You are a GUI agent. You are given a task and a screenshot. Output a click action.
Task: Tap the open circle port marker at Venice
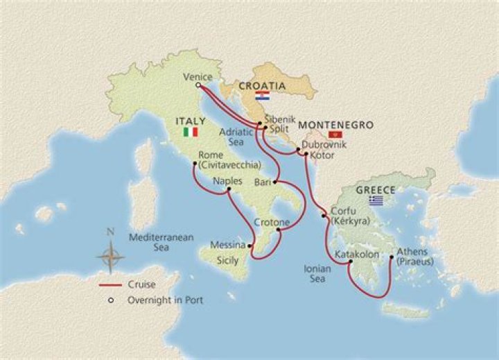pyautogui.click(x=198, y=86)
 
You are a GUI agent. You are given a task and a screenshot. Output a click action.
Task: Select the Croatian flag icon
pyautogui.click(x=263, y=95)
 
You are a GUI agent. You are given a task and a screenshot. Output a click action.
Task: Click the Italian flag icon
pyautogui.click(x=189, y=132)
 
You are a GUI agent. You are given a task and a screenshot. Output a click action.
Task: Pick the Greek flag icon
pyautogui.click(x=376, y=200)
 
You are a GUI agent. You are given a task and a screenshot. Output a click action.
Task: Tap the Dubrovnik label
pyautogui.click(x=322, y=146)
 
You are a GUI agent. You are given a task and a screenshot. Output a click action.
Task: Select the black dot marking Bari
pyautogui.click(x=275, y=183)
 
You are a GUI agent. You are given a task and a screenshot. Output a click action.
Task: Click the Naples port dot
pyautogui.click(x=228, y=189)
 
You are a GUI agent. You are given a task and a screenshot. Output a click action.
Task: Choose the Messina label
pyautogui.click(x=229, y=245)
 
